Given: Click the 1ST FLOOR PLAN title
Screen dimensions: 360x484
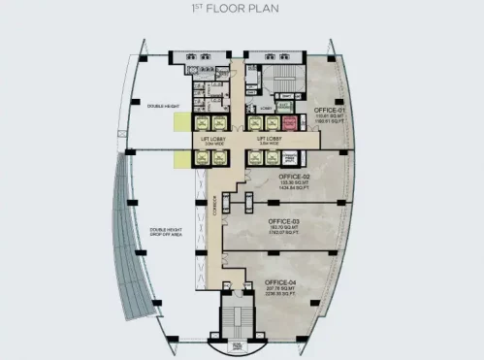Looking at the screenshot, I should tap(242, 14).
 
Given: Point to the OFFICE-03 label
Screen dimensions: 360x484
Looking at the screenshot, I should tap(284, 220).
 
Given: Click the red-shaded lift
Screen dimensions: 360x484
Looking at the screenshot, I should tap(289, 123).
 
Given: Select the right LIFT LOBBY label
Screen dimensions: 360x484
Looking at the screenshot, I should tap(268, 139).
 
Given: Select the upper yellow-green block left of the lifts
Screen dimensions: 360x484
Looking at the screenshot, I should tap(181, 122).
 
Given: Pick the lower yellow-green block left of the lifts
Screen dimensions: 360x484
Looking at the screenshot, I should tap(181, 156).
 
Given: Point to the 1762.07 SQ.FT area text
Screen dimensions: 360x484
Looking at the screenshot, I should tap(284, 232).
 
